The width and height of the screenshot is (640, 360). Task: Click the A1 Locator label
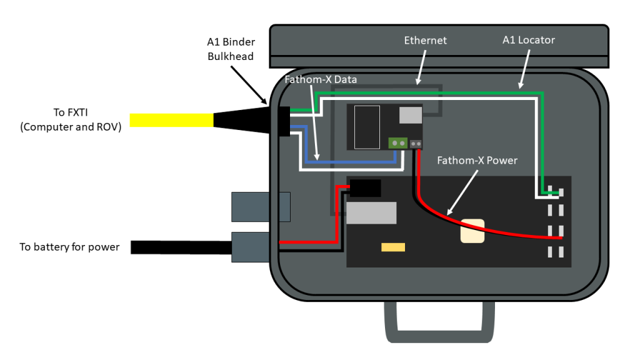point(528,40)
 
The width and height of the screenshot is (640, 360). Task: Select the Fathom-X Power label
point(477,161)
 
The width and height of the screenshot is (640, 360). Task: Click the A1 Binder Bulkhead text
point(230,49)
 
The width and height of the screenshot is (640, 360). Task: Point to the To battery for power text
point(69,247)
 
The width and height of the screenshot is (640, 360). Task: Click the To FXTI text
point(69,118)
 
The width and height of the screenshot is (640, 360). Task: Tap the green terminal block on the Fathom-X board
point(397,143)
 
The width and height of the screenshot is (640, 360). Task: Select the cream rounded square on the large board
point(472,231)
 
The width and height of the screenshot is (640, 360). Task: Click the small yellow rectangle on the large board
point(393,247)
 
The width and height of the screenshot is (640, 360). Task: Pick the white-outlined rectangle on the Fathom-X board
point(366,127)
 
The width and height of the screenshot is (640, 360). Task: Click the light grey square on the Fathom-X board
point(410,114)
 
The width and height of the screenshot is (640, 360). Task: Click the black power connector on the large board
point(366,188)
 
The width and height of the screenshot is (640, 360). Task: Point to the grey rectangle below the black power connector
point(371,212)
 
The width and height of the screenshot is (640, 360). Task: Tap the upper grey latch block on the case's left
point(261,206)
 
